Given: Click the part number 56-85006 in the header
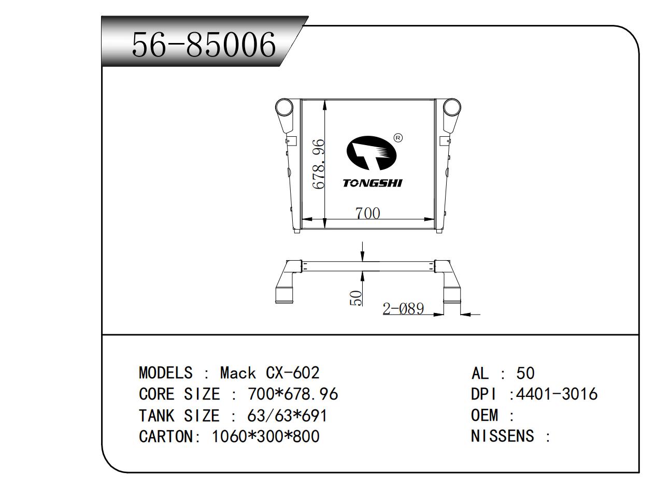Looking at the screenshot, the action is click(x=204, y=45).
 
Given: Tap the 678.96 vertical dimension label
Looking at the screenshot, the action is click(x=319, y=164).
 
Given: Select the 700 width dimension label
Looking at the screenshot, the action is click(x=367, y=213).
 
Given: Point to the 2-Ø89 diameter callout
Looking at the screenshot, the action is click(x=403, y=308).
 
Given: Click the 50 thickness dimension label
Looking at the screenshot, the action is click(x=356, y=298).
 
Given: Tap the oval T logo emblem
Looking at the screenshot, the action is click(x=371, y=153).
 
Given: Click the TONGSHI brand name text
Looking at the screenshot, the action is click(x=373, y=183).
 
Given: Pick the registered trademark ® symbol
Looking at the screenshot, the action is click(x=398, y=138).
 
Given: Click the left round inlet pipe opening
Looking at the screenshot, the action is click(x=284, y=107).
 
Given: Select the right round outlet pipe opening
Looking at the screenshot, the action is click(x=452, y=107).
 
